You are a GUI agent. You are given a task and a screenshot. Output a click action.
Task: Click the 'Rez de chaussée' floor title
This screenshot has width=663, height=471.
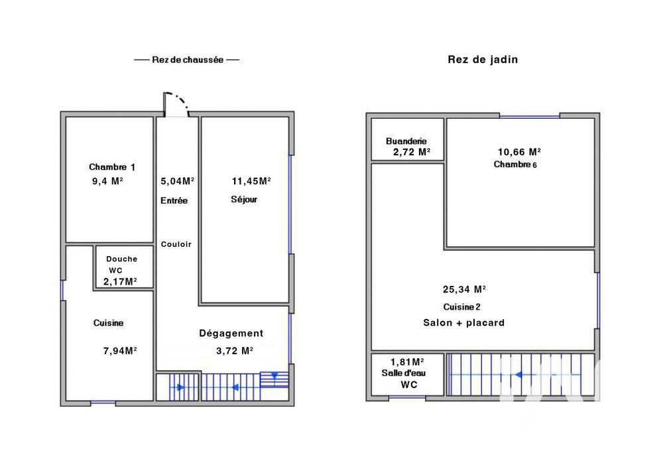(186, 60)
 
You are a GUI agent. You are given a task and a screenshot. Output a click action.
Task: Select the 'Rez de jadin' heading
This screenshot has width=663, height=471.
(483, 60)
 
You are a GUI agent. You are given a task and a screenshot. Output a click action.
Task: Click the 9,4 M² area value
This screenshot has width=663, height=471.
(107, 180)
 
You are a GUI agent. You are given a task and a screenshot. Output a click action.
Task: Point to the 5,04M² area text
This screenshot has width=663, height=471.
(177, 180)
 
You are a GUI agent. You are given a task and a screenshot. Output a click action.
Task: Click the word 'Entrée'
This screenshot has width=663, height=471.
(174, 200)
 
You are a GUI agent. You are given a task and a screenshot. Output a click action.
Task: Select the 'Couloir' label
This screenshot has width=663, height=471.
(176, 244)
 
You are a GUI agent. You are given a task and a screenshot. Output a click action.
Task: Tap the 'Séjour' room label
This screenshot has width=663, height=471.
(244, 200)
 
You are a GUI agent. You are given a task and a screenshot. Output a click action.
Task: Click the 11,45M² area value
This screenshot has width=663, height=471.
(251, 180)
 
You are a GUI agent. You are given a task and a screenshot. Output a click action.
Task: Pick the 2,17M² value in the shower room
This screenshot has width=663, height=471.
(120, 281)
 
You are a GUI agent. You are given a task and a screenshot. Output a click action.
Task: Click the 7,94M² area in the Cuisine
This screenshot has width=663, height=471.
(120, 351)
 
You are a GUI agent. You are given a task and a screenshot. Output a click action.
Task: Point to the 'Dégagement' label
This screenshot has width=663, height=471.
(231, 334)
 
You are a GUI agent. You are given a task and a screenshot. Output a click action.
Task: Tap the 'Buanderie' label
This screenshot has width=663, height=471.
(406, 141)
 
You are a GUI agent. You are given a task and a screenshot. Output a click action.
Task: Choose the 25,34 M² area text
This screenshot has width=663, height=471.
(464, 289)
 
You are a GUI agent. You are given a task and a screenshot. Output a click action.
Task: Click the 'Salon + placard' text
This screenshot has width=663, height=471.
(464, 323)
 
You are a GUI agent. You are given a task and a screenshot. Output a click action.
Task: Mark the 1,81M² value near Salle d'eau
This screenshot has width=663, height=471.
(406, 362)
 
